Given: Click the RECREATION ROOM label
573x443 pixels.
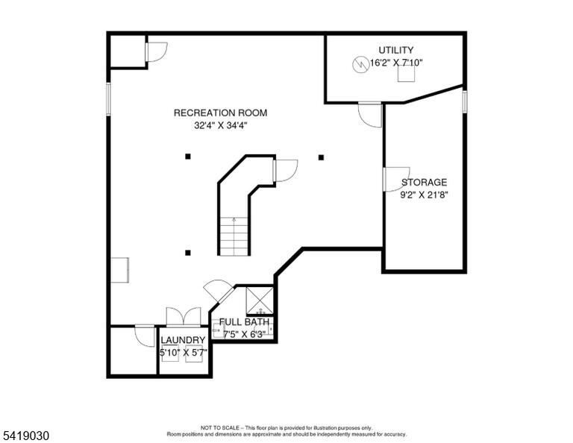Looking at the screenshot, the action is point(220,113).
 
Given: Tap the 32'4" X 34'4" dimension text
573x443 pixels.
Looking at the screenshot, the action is point(221,125).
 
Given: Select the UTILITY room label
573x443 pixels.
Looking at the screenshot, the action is point(395,50).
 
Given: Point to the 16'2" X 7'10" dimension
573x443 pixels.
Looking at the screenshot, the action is point(396,63).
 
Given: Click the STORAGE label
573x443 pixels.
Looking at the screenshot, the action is point(424,182).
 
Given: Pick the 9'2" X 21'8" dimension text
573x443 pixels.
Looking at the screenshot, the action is point(424,195).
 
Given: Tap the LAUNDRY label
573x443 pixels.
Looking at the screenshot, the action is point(183,340).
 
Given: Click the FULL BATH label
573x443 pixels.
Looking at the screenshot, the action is point(244,321).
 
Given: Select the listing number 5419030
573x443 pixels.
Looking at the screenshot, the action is point(25,436).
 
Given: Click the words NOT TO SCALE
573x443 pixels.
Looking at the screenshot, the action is point(219,427).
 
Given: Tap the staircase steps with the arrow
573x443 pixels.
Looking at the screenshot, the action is point(234,236).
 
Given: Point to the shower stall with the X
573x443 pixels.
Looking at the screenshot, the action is point(260,301).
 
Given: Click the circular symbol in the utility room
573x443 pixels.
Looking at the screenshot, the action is point(360,65).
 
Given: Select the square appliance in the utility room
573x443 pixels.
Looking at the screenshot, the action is point(406,75).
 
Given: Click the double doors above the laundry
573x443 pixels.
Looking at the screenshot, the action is point(183,317).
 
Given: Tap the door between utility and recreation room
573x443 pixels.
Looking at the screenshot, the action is point(370,115).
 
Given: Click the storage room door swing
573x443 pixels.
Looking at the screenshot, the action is point(396,179).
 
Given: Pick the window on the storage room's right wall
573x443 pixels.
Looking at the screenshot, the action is point(465,102).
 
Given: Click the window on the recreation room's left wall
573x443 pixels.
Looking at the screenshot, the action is point(108,99).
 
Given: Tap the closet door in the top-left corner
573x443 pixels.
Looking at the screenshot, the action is point(157,52).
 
